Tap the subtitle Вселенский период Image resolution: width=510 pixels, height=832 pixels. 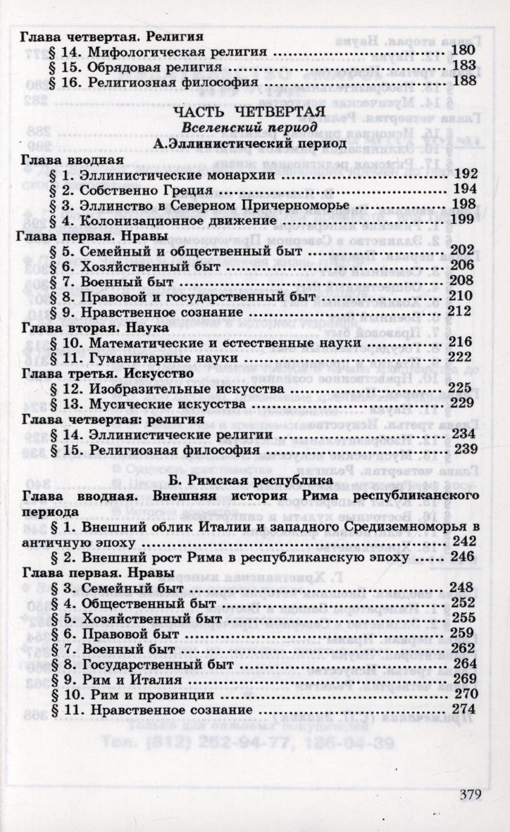(247, 127)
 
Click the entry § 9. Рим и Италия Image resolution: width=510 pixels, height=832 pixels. (116, 681)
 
